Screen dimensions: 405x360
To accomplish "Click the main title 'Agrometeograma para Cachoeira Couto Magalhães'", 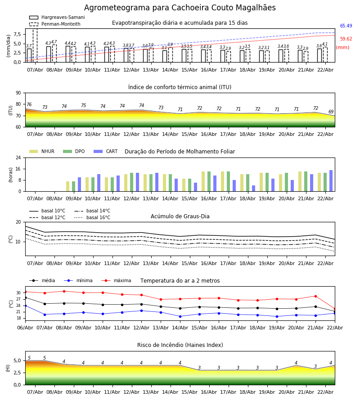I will pyautogui.click(x=180, y=8).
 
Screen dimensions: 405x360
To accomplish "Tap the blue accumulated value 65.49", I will pyautogui.click(x=346, y=26).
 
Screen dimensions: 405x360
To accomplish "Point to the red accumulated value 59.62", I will pyautogui.click(x=346, y=39).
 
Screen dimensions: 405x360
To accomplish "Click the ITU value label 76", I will pyautogui.click(x=29, y=105).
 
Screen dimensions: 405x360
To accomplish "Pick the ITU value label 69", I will pyautogui.click(x=331, y=112).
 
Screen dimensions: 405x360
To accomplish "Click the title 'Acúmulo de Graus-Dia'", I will pyautogui.click(x=180, y=216).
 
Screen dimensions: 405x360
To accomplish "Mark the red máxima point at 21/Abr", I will pyautogui.click(x=315, y=296).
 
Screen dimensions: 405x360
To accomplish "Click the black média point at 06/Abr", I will pyautogui.click(x=25, y=297).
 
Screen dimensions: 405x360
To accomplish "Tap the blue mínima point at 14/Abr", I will pyautogui.click(x=180, y=316).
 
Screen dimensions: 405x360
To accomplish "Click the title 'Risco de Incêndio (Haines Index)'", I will pyautogui.click(x=180, y=345).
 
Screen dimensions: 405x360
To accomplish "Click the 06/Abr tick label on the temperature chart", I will pyautogui.click(x=25, y=327).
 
